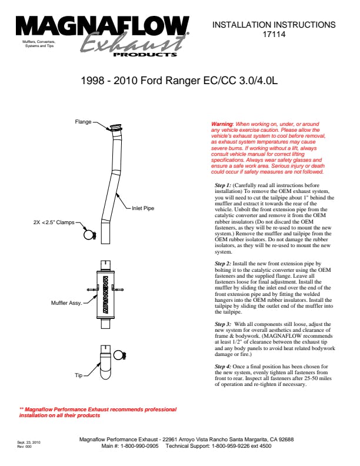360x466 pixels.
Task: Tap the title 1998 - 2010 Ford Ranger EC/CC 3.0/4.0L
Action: (x=179, y=81)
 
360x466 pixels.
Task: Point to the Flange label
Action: (x=83, y=122)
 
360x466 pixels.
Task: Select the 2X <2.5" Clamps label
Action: (x=57, y=222)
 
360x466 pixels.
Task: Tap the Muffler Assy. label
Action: (x=65, y=303)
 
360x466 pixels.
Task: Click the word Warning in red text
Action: (x=222, y=124)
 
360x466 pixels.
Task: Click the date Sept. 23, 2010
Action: (x=29, y=440)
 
